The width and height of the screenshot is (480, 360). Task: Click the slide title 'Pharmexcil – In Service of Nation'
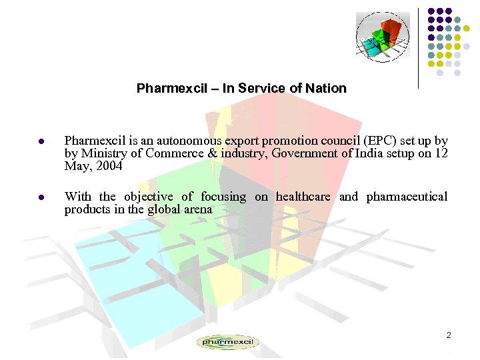241,88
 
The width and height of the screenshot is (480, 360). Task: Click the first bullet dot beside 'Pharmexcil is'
41,142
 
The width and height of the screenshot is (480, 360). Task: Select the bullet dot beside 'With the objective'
41,198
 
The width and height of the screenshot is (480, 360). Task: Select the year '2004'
109,167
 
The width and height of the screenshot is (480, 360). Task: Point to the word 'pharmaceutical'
407,197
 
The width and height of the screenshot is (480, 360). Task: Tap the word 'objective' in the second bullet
149,197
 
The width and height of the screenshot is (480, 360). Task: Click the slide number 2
449,335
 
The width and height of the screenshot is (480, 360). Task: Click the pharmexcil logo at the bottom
228,342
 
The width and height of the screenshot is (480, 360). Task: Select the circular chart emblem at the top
382,37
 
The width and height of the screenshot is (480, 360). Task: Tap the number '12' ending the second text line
441,154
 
